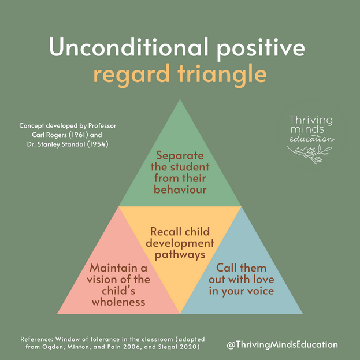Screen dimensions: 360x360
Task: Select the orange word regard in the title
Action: pos(132,76)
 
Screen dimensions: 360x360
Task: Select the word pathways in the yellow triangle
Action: pos(180,254)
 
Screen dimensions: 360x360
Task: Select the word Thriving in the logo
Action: pos(311,120)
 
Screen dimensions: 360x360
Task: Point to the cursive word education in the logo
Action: pos(312,139)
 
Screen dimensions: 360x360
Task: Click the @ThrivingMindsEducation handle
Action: pos(282,344)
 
